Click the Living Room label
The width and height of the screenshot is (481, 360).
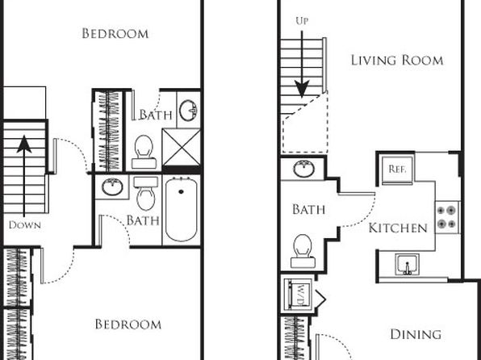[x=397, y=61]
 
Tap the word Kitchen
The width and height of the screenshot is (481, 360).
[x=398, y=228]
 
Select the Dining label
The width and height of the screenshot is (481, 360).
[x=416, y=334]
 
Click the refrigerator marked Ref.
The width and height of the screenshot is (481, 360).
[x=397, y=170]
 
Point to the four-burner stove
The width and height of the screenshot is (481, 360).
[x=446, y=217]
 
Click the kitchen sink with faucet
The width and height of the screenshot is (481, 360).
[x=407, y=264]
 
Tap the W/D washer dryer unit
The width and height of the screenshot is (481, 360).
[x=298, y=295]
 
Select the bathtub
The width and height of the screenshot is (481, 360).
[x=181, y=210]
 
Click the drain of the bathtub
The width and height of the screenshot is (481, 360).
[x=181, y=192]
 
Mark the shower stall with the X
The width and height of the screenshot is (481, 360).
[x=181, y=147]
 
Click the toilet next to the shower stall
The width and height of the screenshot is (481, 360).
[x=144, y=153]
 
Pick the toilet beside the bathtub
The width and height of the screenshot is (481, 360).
[x=146, y=194]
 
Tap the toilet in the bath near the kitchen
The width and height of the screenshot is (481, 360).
[x=303, y=251]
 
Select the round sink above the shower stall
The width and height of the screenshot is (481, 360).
[x=188, y=111]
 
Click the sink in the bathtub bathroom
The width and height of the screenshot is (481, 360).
[x=112, y=186]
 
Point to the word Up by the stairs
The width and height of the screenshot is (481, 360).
[x=302, y=21]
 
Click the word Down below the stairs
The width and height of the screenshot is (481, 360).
[x=25, y=225]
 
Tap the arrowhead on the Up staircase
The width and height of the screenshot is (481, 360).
[x=302, y=89]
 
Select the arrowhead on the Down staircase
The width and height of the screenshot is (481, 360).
[x=24, y=144]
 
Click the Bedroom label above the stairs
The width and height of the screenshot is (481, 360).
[x=115, y=33]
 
